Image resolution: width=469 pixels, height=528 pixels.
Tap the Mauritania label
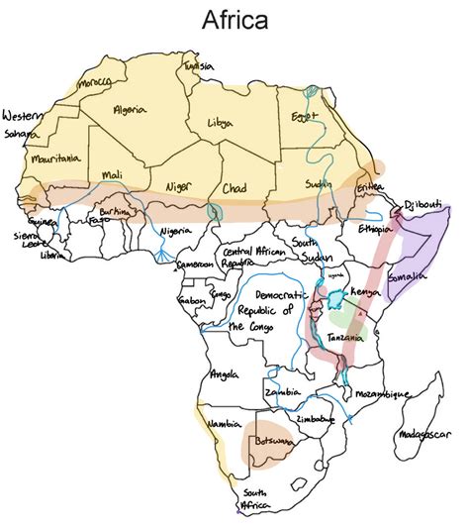point(54,158)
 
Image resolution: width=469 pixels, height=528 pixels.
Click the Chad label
point(234,187)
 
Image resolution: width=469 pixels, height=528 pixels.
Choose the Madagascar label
point(423,434)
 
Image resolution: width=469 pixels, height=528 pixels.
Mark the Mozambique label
point(380,393)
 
